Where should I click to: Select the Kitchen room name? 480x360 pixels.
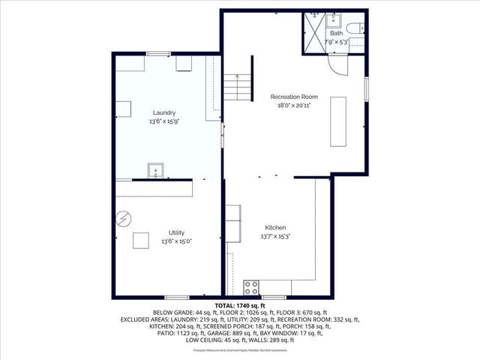click(x=275, y=227)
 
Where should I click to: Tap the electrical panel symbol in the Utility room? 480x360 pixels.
click(x=123, y=220)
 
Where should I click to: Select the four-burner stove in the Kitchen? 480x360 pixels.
click(x=252, y=286)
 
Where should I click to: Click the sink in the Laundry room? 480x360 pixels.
click(x=156, y=169)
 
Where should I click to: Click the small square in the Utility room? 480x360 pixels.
click(x=141, y=241)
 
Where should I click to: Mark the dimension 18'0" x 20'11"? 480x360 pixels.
click(x=295, y=106)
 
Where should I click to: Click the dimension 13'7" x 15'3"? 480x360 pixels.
click(x=275, y=235)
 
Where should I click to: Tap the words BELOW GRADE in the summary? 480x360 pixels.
click(x=173, y=313)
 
